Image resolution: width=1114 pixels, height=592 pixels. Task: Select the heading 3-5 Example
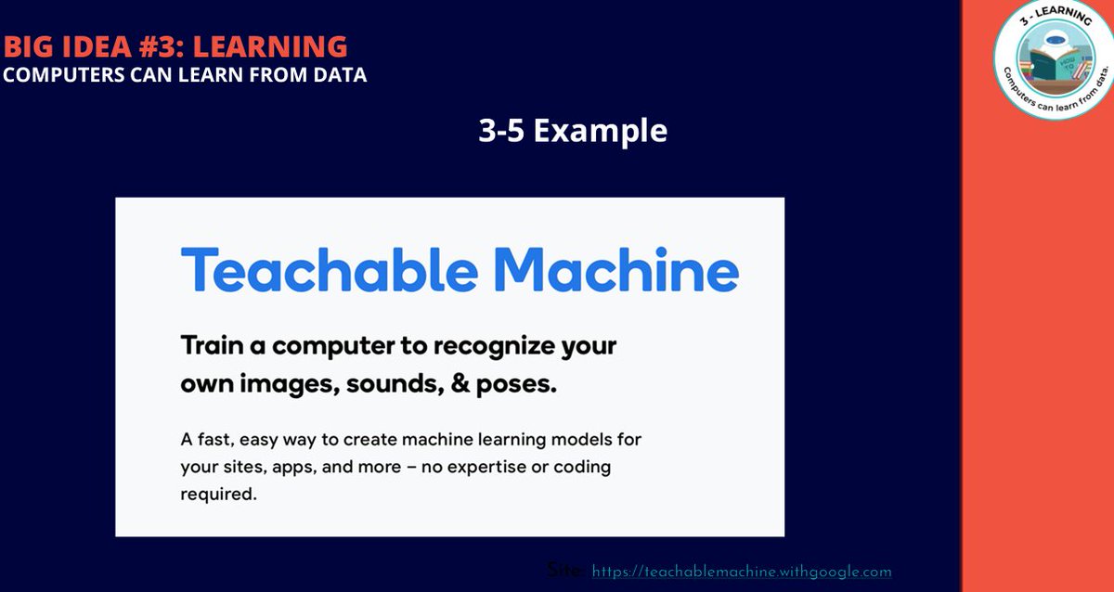point(573,131)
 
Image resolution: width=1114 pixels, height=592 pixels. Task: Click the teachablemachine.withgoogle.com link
point(741,573)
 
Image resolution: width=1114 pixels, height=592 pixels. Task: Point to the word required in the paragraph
point(217,495)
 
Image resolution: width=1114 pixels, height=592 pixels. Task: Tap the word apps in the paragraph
point(294,468)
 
